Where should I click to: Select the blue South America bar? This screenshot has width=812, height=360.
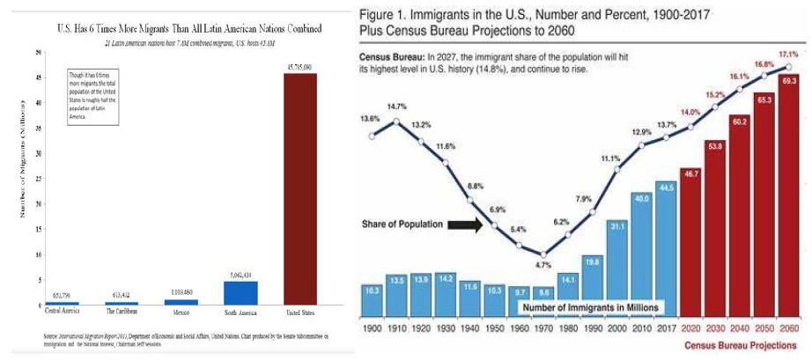coord(240,293)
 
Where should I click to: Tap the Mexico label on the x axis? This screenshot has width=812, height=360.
coord(181,312)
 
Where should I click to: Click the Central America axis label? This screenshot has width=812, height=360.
coord(64,312)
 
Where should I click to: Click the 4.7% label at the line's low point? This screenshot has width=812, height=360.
coord(543,264)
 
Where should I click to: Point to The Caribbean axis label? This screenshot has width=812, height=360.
coord(122,312)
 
